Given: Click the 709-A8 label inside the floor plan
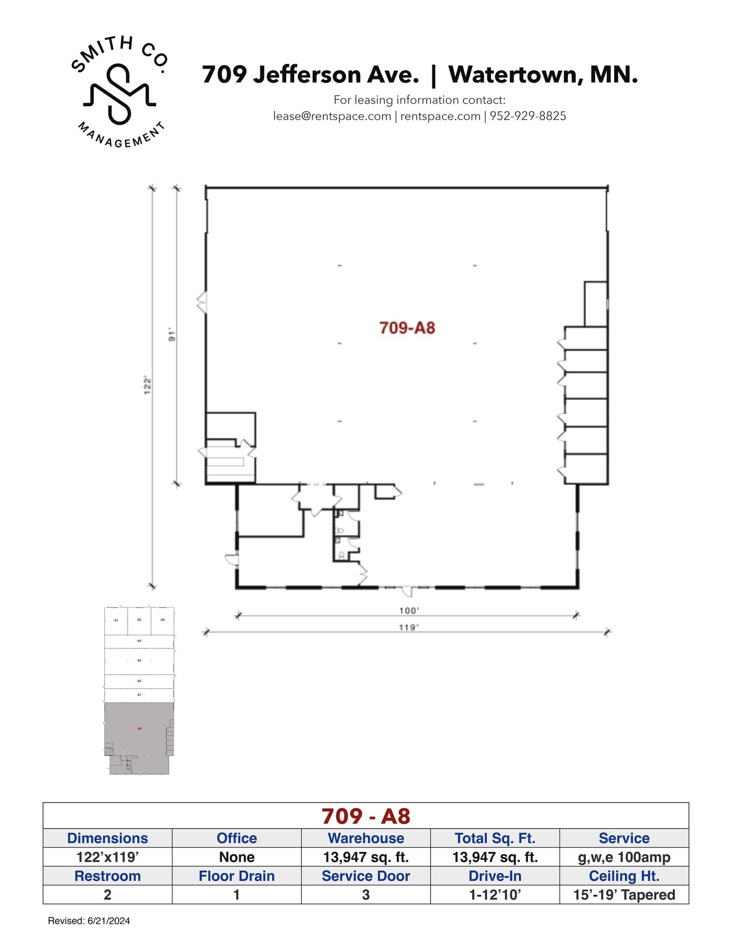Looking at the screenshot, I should pyautogui.click(x=407, y=328).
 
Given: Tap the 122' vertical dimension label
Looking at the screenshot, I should pyautogui.click(x=148, y=385).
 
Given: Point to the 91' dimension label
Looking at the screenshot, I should pyautogui.click(x=172, y=335).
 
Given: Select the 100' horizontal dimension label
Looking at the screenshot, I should pyautogui.click(x=409, y=611).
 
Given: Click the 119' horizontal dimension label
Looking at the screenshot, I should pyautogui.click(x=409, y=627).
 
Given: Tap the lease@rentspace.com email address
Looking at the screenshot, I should pyautogui.click(x=332, y=116).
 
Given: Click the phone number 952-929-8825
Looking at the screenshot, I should pyautogui.click(x=528, y=116).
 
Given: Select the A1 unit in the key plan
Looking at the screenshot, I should pyautogui.click(x=116, y=620).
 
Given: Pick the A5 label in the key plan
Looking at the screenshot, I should pyautogui.click(x=139, y=661).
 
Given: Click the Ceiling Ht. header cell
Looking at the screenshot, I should pyautogui.click(x=624, y=876).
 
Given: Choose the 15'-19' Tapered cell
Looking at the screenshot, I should pyautogui.click(x=624, y=895).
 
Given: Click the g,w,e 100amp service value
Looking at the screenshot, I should pyautogui.click(x=624, y=857).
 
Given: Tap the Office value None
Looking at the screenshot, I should pyautogui.click(x=237, y=857).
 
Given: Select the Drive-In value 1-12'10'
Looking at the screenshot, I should pyautogui.click(x=495, y=895).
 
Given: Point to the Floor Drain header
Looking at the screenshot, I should pyautogui.click(x=237, y=876).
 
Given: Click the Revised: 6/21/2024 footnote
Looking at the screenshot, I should pyautogui.click(x=89, y=921).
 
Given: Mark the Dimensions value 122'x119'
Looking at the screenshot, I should pyautogui.click(x=107, y=857).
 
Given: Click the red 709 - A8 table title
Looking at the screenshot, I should pyautogui.click(x=366, y=816).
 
